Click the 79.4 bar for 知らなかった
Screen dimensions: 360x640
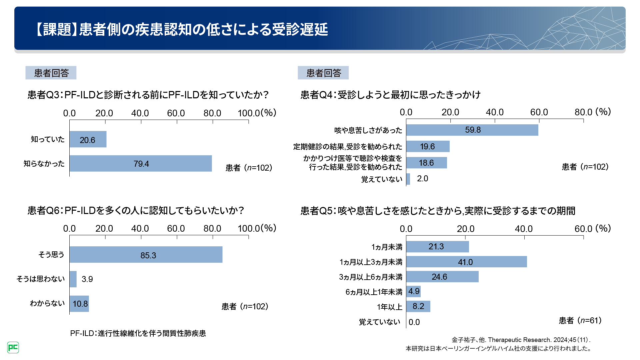[x=141, y=163]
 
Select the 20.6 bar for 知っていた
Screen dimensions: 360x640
[x=88, y=139]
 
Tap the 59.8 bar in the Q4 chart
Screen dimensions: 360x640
[x=472, y=130]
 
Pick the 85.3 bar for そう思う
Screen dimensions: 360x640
[x=146, y=255]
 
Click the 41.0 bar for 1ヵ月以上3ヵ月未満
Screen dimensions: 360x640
[x=466, y=262]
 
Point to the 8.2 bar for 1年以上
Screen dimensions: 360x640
[x=418, y=306]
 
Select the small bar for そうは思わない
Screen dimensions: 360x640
[x=73, y=279]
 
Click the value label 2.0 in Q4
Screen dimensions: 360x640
[x=422, y=179]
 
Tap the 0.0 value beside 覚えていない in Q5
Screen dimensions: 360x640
[x=414, y=322]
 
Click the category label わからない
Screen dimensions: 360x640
[x=47, y=303]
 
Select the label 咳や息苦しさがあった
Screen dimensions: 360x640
[x=368, y=130]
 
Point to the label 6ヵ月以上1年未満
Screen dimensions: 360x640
[x=374, y=292]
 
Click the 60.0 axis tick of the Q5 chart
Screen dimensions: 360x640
[x=583, y=229]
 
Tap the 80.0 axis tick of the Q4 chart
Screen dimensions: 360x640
[x=583, y=112]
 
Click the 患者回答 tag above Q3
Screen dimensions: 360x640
[x=51, y=73]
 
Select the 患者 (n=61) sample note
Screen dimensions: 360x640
[x=580, y=321]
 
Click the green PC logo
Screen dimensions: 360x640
[x=13, y=347]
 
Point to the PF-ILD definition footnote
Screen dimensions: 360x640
[x=138, y=333]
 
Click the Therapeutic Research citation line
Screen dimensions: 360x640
[x=521, y=340]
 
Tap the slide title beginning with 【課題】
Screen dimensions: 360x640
[x=182, y=29]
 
